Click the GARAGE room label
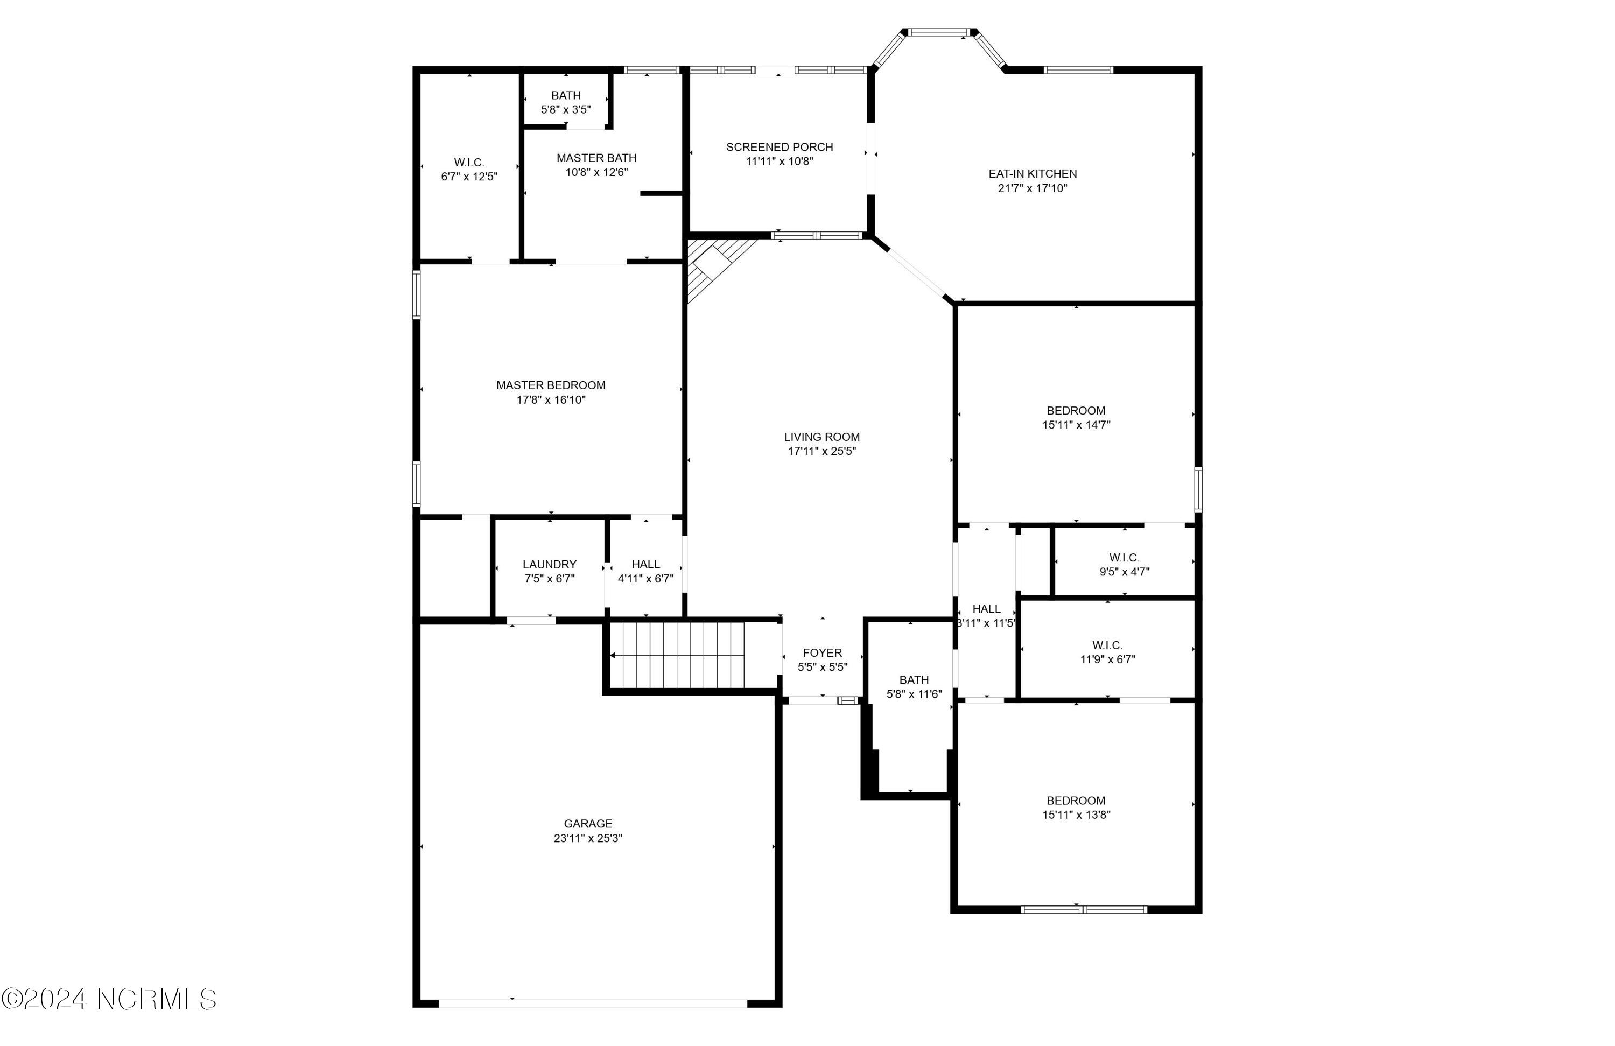pyautogui.click(x=588, y=823)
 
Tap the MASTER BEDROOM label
pyautogui.click(x=550, y=385)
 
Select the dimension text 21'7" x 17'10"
pyautogui.click(x=1032, y=188)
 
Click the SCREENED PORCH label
pyautogui.click(x=779, y=146)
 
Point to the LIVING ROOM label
pyautogui.click(x=821, y=437)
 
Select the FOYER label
pyautogui.click(x=821, y=652)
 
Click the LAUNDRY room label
pyautogui.click(x=549, y=564)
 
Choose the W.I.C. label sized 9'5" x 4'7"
pyautogui.click(x=1124, y=557)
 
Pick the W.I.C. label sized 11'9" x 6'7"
pyautogui.click(x=1107, y=645)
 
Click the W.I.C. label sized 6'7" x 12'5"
pyautogui.click(x=469, y=162)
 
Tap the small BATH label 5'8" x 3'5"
pyautogui.click(x=565, y=96)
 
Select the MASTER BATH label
pyautogui.click(x=596, y=158)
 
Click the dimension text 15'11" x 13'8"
pyautogui.click(x=1076, y=815)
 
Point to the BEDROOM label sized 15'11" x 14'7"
pyautogui.click(x=1076, y=410)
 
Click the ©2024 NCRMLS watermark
pyautogui.click(x=109, y=999)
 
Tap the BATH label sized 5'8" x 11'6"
pyautogui.click(x=914, y=679)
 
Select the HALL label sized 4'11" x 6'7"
pyautogui.click(x=645, y=564)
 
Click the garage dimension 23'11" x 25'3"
pyautogui.click(x=588, y=838)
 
